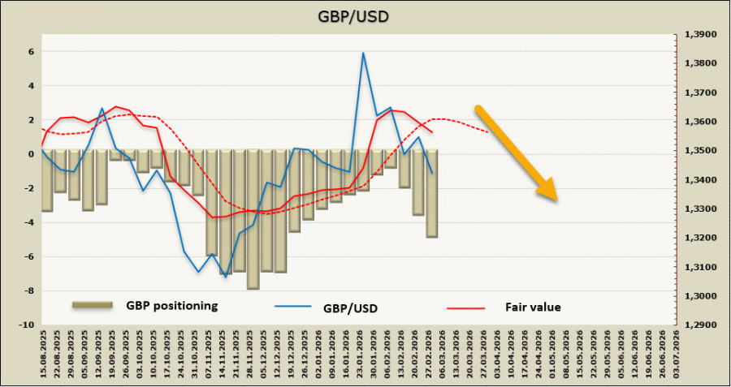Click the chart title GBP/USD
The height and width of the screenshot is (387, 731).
click(365, 16)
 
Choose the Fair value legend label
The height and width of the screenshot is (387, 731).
click(533, 307)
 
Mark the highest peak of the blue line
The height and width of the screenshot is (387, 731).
click(363, 53)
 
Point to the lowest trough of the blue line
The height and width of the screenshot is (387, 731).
click(225, 277)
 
